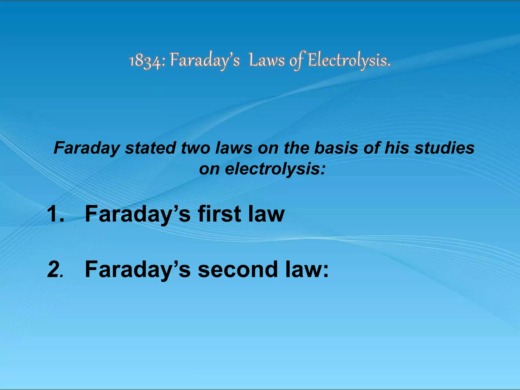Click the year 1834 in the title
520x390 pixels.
(x=144, y=61)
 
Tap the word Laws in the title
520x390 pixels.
(x=267, y=61)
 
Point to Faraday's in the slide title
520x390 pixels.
(x=205, y=61)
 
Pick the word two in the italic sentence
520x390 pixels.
(x=196, y=148)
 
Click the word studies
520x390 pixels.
(x=444, y=148)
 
